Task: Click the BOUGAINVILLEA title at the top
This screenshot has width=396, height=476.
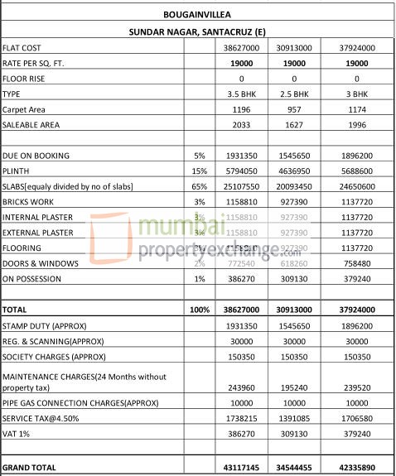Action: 198,14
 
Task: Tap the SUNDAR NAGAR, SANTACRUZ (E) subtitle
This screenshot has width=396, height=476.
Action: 198,31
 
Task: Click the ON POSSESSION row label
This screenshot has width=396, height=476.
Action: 32,279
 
